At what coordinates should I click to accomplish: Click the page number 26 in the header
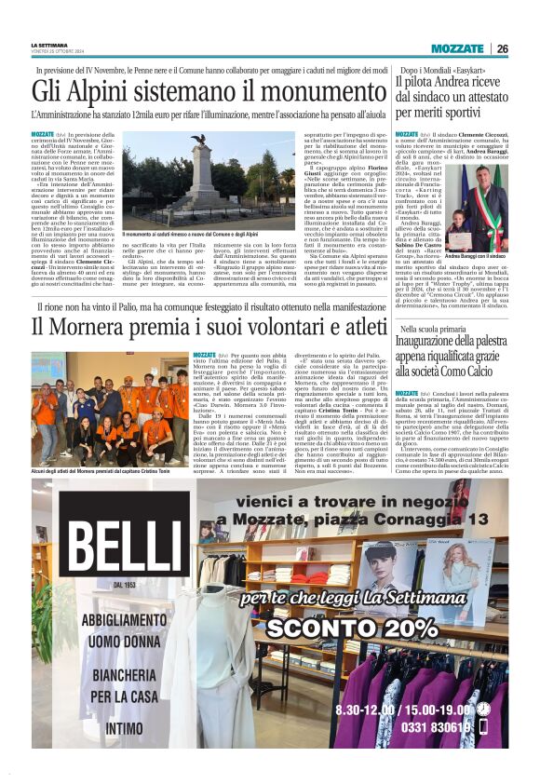coord(502,48)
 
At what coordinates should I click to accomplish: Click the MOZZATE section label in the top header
coord(456,48)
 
